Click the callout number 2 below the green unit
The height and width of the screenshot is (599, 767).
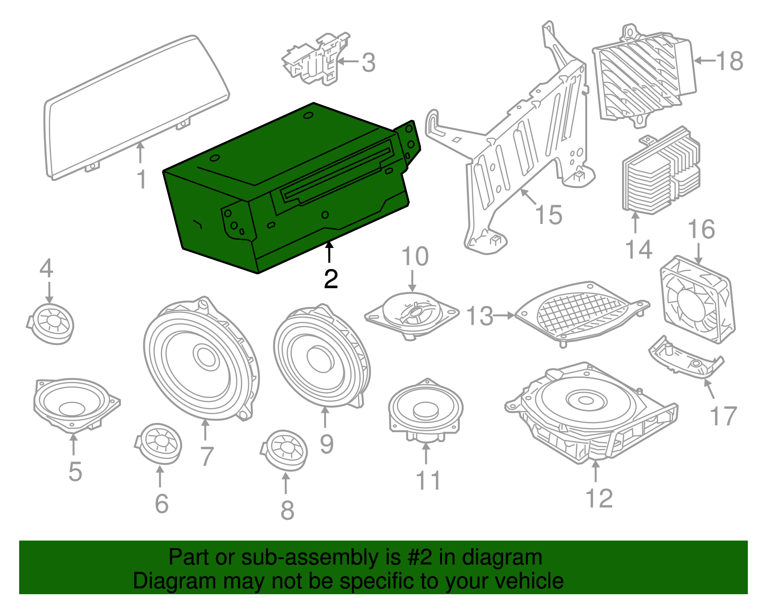point(330,279)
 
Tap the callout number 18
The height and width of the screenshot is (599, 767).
point(730,61)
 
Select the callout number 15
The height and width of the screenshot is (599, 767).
point(548,214)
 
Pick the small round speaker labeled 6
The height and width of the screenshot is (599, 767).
point(159,443)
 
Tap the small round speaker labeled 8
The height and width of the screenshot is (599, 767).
point(286,450)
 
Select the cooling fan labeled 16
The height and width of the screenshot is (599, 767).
point(697,300)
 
